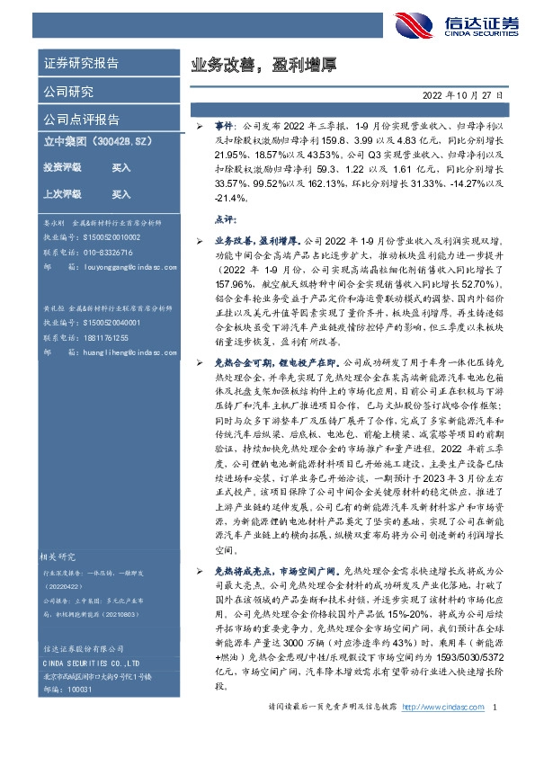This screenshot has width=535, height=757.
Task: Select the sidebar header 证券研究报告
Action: pyautogui.click(x=81, y=63)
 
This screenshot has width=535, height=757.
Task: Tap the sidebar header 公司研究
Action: pyautogui.click(x=68, y=91)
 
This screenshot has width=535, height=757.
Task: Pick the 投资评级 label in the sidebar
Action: pyautogui.click(x=62, y=167)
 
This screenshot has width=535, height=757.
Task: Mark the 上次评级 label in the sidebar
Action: pyautogui.click(x=62, y=193)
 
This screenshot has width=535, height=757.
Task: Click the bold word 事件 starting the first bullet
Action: pyautogui.click(x=224, y=129)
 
